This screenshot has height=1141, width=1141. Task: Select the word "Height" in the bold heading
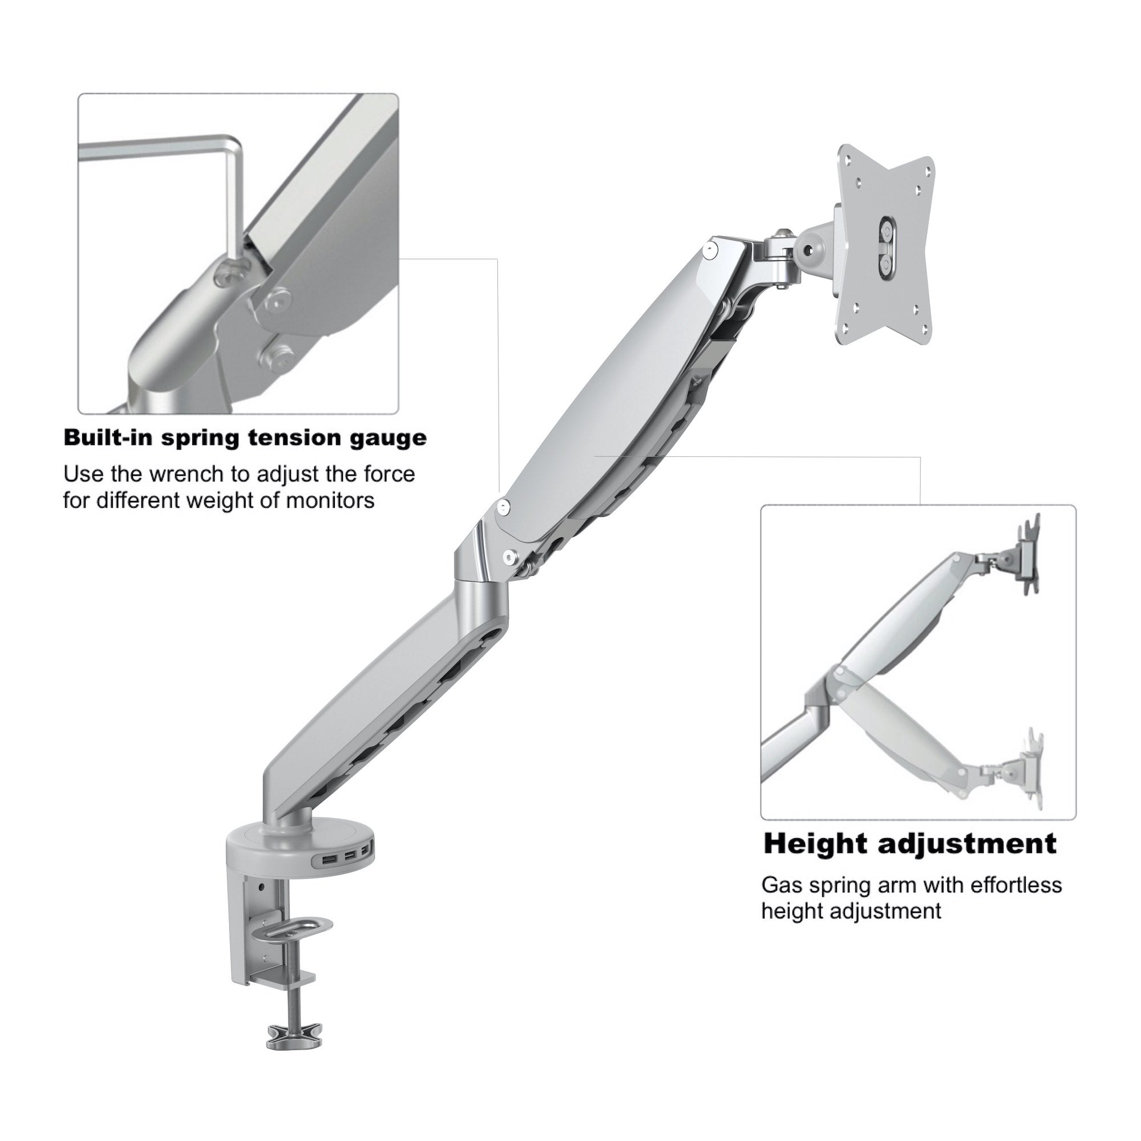pos(815,845)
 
